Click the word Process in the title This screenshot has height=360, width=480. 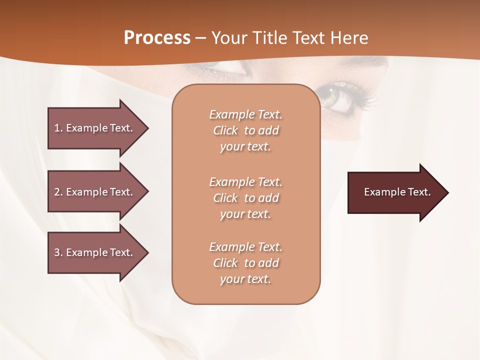coord(157,38)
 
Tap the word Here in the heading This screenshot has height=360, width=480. coord(348,38)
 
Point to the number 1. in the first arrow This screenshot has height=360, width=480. coord(58,128)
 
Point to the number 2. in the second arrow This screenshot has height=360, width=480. coord(58,192)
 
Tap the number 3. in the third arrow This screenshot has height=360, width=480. coord(58,252)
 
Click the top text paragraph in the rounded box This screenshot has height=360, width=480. coord(245,130)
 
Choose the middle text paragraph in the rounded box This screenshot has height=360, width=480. coord(245,198)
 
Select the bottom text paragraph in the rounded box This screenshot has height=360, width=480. coord(245,263)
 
